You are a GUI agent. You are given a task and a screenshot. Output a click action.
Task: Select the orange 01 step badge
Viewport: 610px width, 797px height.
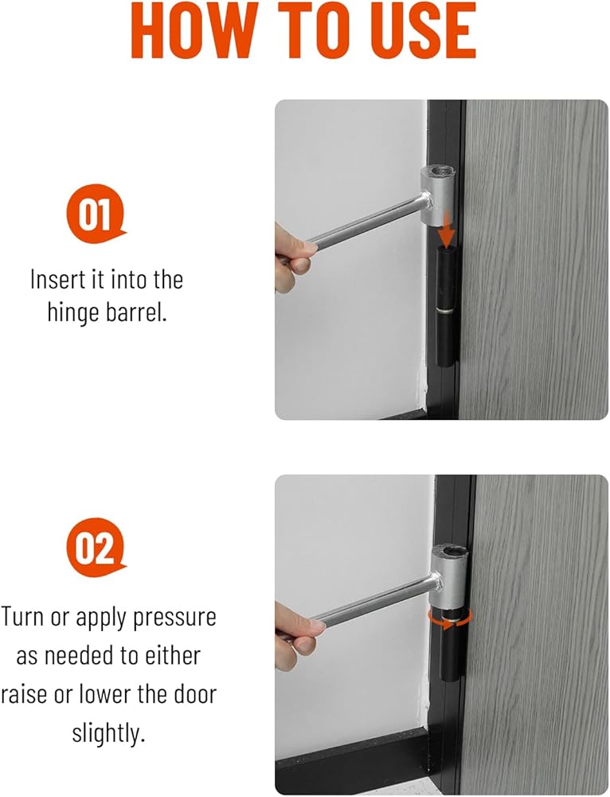click(x=95, y=214)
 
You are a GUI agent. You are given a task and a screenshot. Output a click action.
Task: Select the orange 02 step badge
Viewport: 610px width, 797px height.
click(x=95, y=548)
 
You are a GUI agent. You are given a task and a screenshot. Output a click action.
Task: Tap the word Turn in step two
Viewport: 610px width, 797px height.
click(x=22, y=617)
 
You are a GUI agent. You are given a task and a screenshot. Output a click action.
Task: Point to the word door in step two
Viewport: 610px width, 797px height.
click(x=195, y=694)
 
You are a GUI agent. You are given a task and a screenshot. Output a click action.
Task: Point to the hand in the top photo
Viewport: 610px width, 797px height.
click(x=295, y=257)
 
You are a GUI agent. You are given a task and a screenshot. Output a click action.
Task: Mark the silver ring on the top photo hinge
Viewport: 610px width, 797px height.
click(x=446, y=310)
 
